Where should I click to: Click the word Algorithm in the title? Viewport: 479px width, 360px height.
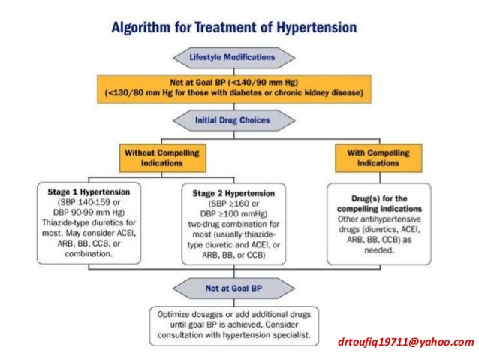(x=143, y=29)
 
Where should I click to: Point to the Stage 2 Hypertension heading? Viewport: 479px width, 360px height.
(x=232, y=192)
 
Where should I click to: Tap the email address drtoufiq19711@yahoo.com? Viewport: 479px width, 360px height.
(x=406, y=343)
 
